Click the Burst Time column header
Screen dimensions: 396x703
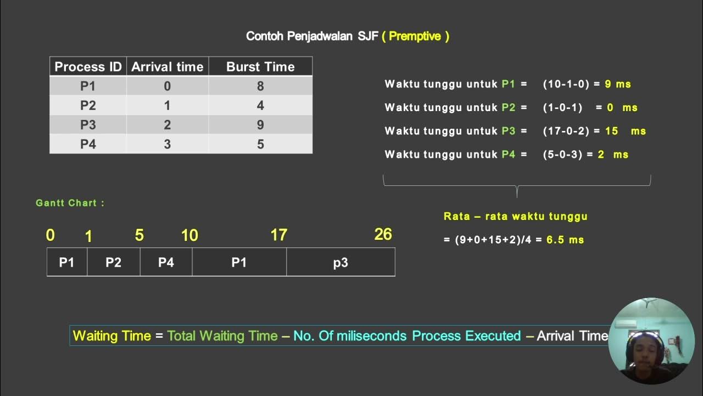[260, 67]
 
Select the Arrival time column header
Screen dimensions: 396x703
[168, 67]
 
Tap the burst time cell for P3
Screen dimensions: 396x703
[260, 125]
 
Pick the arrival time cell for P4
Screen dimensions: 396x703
[168, 144]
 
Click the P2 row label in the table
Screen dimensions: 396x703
[88, 106]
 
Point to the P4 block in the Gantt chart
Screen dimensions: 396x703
[166, 262]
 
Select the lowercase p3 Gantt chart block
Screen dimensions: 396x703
[341, 262]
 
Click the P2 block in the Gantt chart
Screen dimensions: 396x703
[113, 262]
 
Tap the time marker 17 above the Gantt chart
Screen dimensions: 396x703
[278, 235]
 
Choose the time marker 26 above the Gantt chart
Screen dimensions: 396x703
[383, 234]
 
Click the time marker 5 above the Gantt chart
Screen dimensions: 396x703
[139, 235]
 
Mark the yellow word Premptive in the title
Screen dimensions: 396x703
[415, 36]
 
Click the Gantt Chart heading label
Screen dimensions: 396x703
[70, 203]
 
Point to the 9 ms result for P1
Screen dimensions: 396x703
[617, 84]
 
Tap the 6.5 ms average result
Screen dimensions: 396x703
[565, 240]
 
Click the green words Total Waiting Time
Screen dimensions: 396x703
[222, 335]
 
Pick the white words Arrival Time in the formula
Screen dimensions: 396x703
[572, 335]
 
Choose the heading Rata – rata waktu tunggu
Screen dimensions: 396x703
[515, 216]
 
